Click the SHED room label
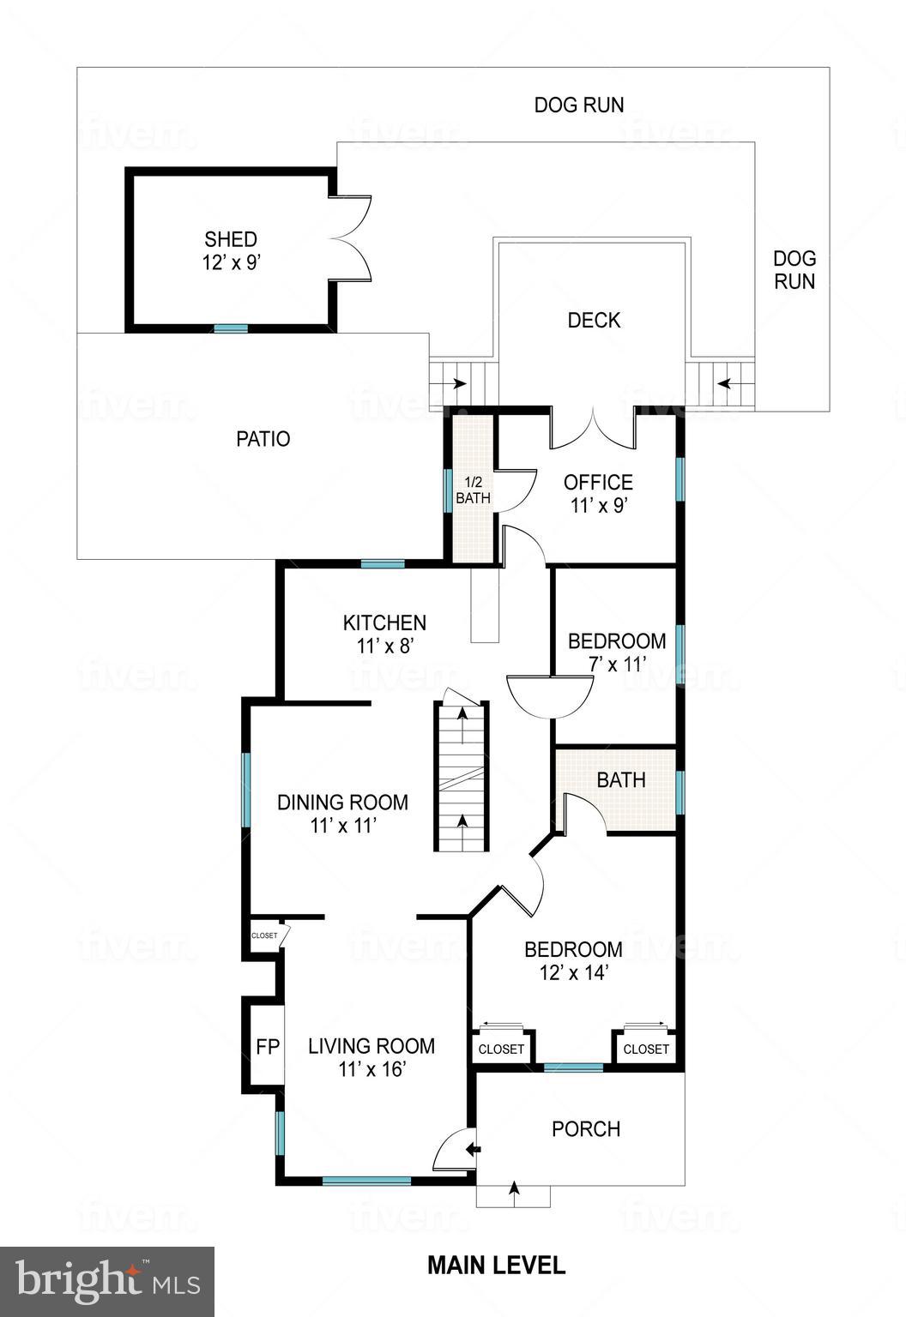(230, 239)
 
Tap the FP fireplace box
(268, 1047)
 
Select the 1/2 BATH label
(473, 490)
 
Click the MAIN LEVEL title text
(496, 1265)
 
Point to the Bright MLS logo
(107, 1281)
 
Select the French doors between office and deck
(593, 427)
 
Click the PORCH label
(586, 1129)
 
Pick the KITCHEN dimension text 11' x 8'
(385, 646)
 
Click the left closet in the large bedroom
(501, 1049)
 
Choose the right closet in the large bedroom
(646, 1049)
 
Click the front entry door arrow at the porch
(472, 1149)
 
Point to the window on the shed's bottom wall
(230, 328)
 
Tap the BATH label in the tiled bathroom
(621, 780)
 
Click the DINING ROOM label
(342, 803)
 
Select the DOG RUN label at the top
(579, 105)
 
